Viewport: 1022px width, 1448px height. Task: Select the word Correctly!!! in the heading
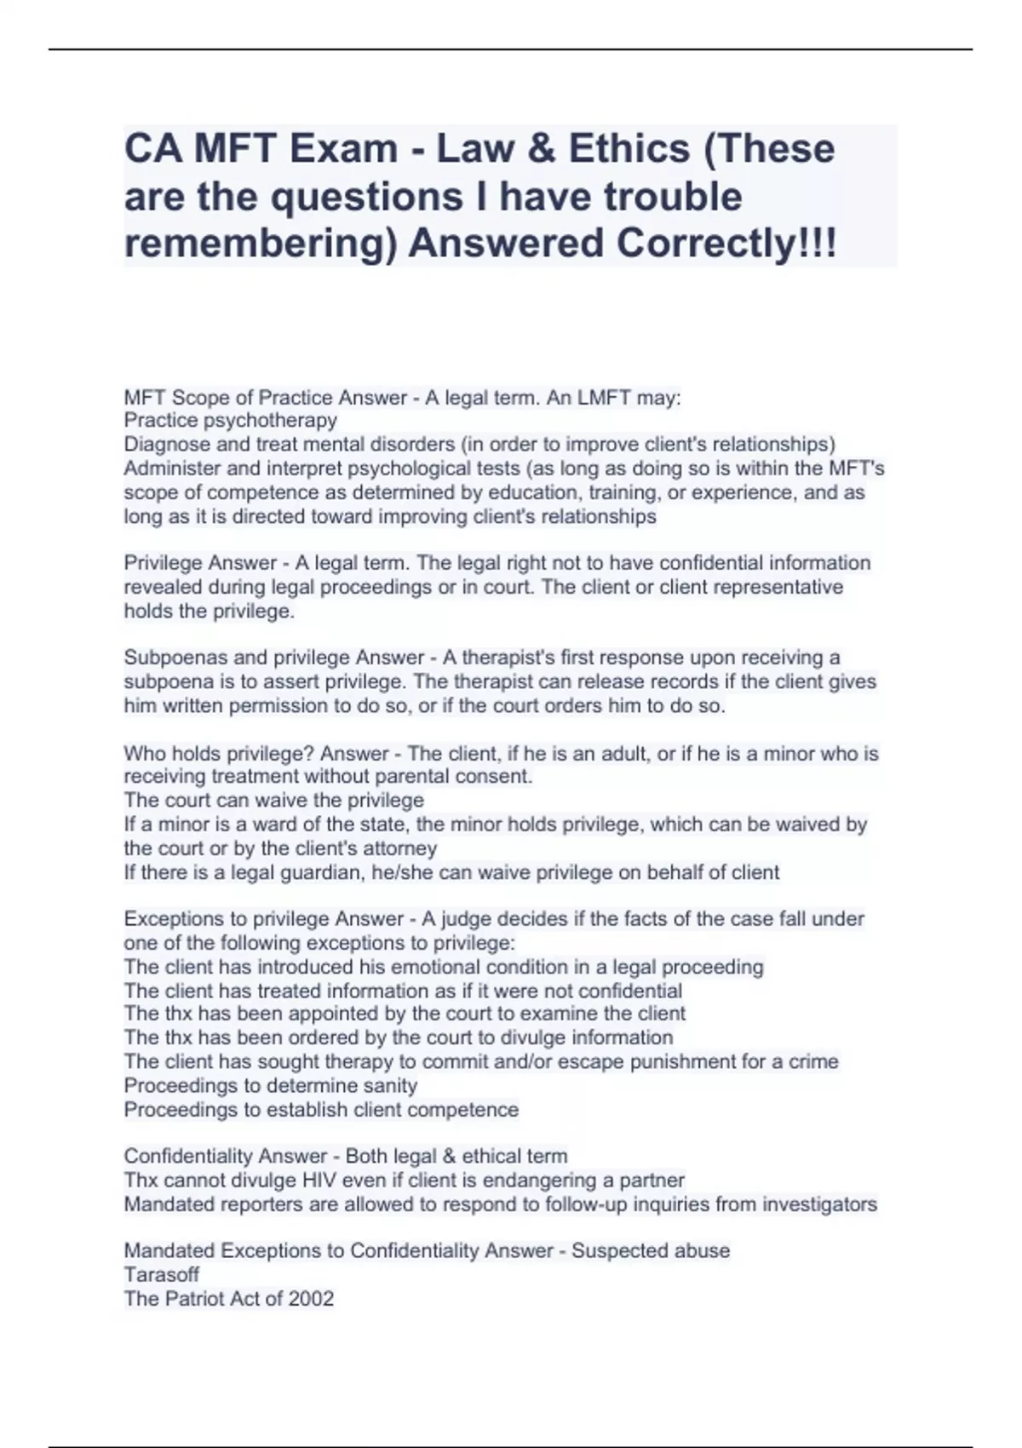click(x=726, y=244)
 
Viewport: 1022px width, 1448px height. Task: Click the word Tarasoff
click(x=162, y=1275)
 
